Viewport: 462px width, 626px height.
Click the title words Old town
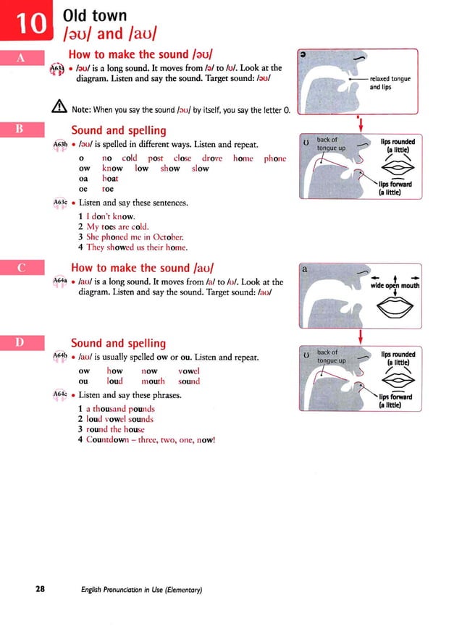[x=95, y=15]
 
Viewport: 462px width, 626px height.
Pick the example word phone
[x=274, y=158]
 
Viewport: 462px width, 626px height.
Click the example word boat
[x=110, y=178]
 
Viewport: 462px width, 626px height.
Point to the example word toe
[x=108, y=188]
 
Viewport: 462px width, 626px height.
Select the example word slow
[x=200, y=169]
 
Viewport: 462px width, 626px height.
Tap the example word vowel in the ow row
[x=188, y=371]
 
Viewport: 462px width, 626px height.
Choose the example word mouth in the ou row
[x=153, y=381]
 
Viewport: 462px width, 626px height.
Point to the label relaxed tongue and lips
[x=390, y=83]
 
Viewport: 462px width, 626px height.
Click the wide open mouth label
[x=395, y=285]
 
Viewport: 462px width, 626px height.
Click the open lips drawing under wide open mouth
[x=395, y=308]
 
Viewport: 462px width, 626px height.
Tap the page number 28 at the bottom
[x=41, y=589]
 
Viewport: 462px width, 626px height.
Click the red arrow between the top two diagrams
[x=359, y=124]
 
